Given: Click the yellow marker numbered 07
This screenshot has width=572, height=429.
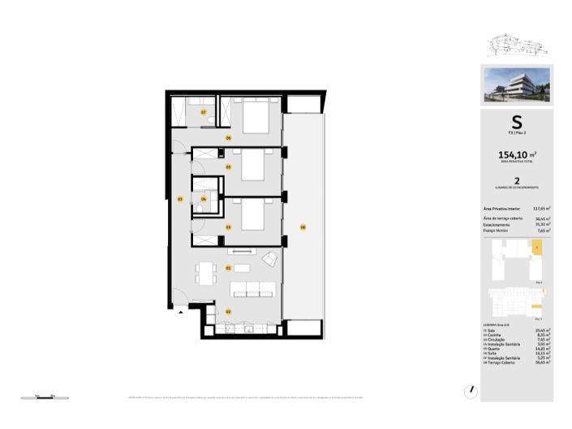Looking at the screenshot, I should coord(204,111).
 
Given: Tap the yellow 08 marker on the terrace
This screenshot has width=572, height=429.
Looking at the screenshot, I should coord(303,227).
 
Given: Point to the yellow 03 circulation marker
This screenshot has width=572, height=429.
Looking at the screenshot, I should coord(179,198).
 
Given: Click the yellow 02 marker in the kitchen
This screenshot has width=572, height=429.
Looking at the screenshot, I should coord(229,311).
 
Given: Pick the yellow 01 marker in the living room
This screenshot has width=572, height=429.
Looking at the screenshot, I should coord(229,267).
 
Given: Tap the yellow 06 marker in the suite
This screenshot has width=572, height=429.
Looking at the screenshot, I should coord(229,138).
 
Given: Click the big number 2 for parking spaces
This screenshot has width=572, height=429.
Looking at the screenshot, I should coord(517,183).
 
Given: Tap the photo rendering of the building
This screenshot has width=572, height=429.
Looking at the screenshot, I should coord(517,85).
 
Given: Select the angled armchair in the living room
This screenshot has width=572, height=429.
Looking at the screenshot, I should coord(270,258).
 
